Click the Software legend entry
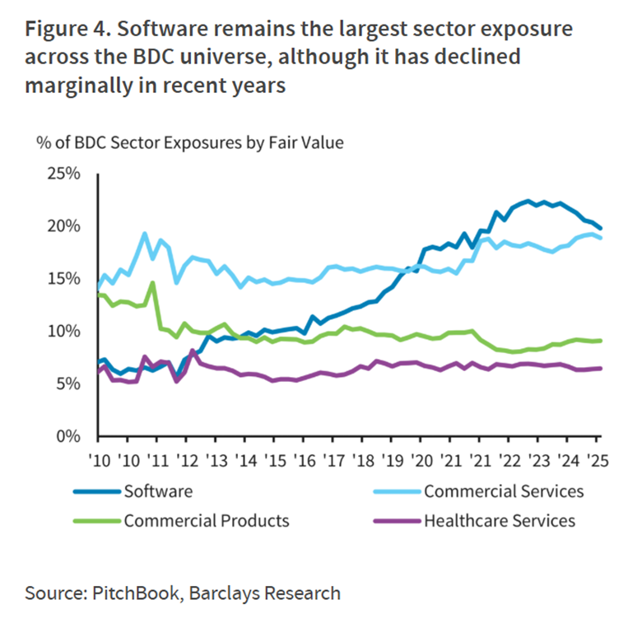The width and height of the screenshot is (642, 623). [158, 491]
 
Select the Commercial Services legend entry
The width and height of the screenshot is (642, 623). [504, 491]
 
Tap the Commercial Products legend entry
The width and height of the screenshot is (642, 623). [207, 520]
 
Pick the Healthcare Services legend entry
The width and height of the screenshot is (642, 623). [499, 520]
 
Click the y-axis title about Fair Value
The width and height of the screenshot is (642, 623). [189, 142]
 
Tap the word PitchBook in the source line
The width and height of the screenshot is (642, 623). [138, 593]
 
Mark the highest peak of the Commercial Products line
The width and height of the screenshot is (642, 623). [152, 283]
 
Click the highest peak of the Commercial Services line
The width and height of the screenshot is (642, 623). [145, 234]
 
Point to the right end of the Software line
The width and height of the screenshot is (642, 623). [600, 228]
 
